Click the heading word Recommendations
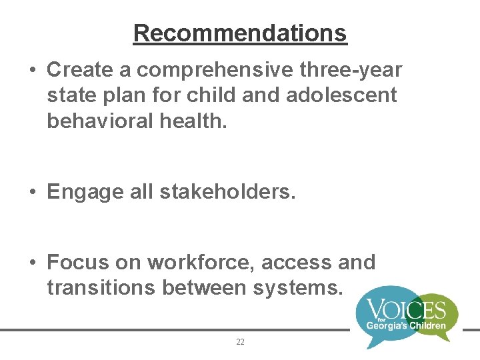[240, 33]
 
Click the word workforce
[201, 263]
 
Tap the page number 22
[240, 342]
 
